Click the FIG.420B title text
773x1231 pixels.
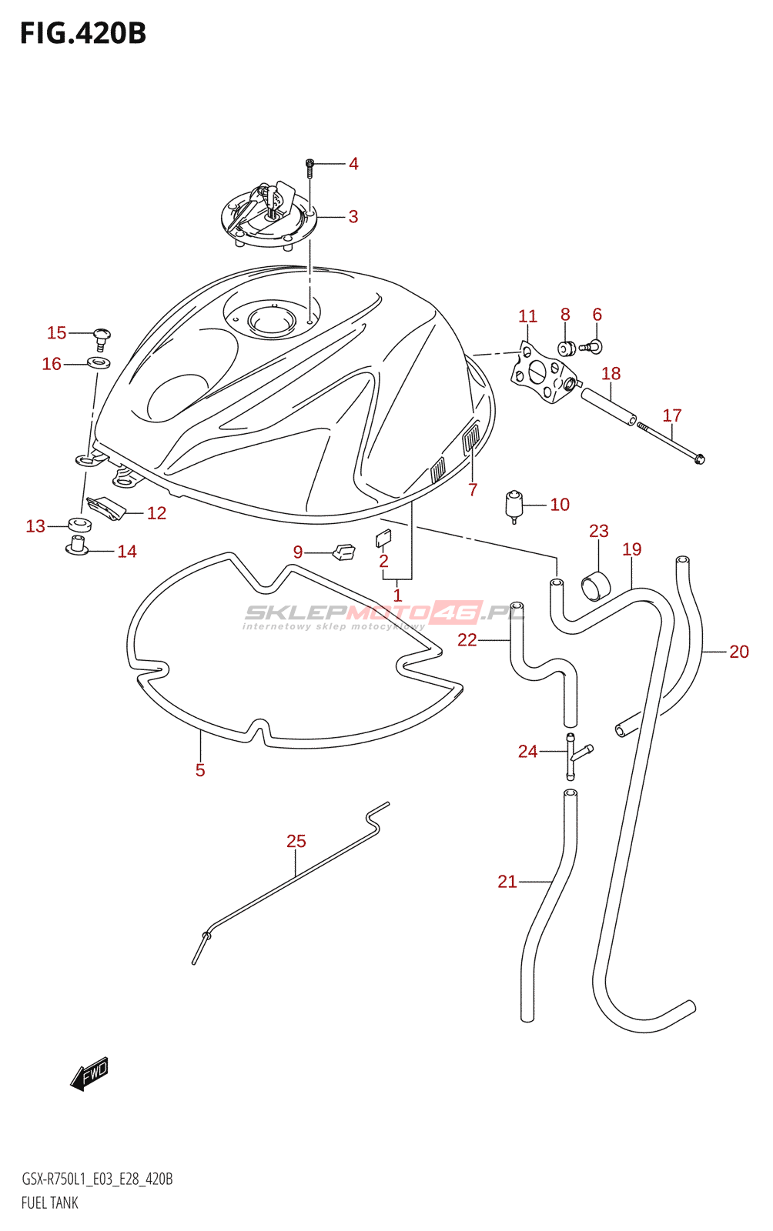point(83,34)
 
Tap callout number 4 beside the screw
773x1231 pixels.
point(353,164)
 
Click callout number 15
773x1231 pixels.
point(56,332)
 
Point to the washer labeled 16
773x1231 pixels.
point(99,362)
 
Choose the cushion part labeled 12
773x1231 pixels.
point(106,508)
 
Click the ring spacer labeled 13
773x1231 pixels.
point(80,525)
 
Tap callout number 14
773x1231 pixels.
point(127,552)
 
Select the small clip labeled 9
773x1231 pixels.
point(343,552)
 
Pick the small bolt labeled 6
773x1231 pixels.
point(594,347)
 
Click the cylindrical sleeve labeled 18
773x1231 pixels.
point(608,406)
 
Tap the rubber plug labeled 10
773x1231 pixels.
point(514,505)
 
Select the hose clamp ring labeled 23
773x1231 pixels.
point(595,586)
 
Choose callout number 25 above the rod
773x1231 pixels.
point(296,841)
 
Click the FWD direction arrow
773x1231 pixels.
point(89,1073)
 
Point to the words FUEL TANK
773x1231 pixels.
point(50,1203)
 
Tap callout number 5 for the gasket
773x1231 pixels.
point(200,770)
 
